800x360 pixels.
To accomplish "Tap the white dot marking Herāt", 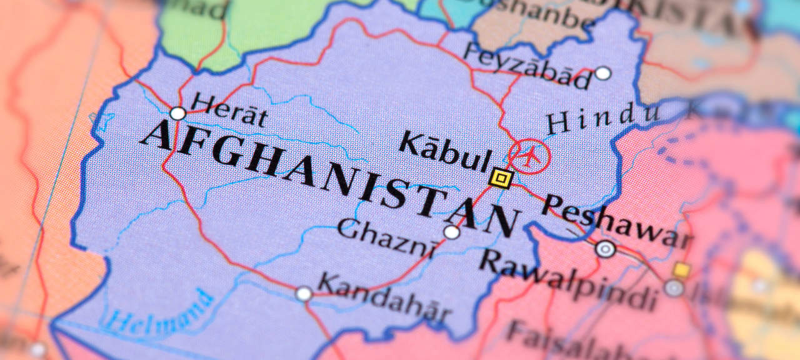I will [178, 114].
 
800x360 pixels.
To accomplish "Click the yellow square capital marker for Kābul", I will [501, 179].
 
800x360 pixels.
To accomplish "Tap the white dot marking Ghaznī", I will [452, 232].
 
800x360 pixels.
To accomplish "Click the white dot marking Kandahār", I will [304, 293].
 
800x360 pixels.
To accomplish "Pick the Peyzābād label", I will [527, 67].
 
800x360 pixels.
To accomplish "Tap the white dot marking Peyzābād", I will [602, 74].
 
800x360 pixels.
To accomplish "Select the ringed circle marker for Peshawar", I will [605, 249].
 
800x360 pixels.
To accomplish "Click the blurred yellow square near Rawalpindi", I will [681, 270].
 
